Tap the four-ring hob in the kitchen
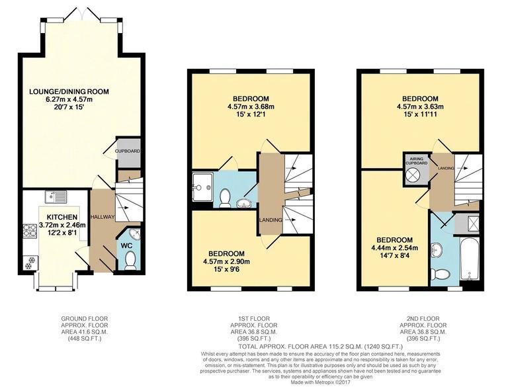coord(30,231)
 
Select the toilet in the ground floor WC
coord(128,261)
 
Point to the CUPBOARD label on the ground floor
coord(127,151)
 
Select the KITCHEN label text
coord(63,217)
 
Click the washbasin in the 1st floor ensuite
coord(245,202)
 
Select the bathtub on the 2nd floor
coord(469,261)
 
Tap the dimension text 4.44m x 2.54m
coord(395,249)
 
